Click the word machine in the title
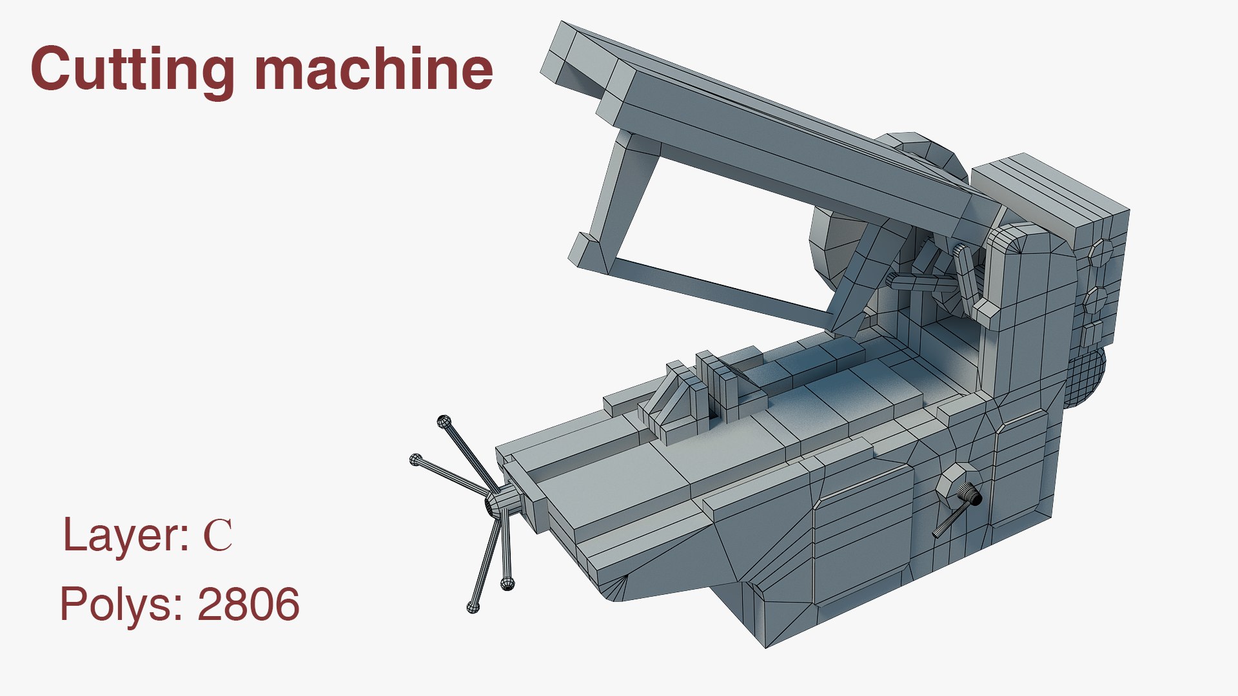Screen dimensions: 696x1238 [374, 70]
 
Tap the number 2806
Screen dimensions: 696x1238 [248, 604]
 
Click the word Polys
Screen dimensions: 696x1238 [123, 604]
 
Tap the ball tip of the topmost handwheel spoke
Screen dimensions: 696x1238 [443, 422]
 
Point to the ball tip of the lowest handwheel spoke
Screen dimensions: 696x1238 [473, 606]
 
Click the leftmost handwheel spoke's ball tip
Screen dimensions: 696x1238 [416, 459]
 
